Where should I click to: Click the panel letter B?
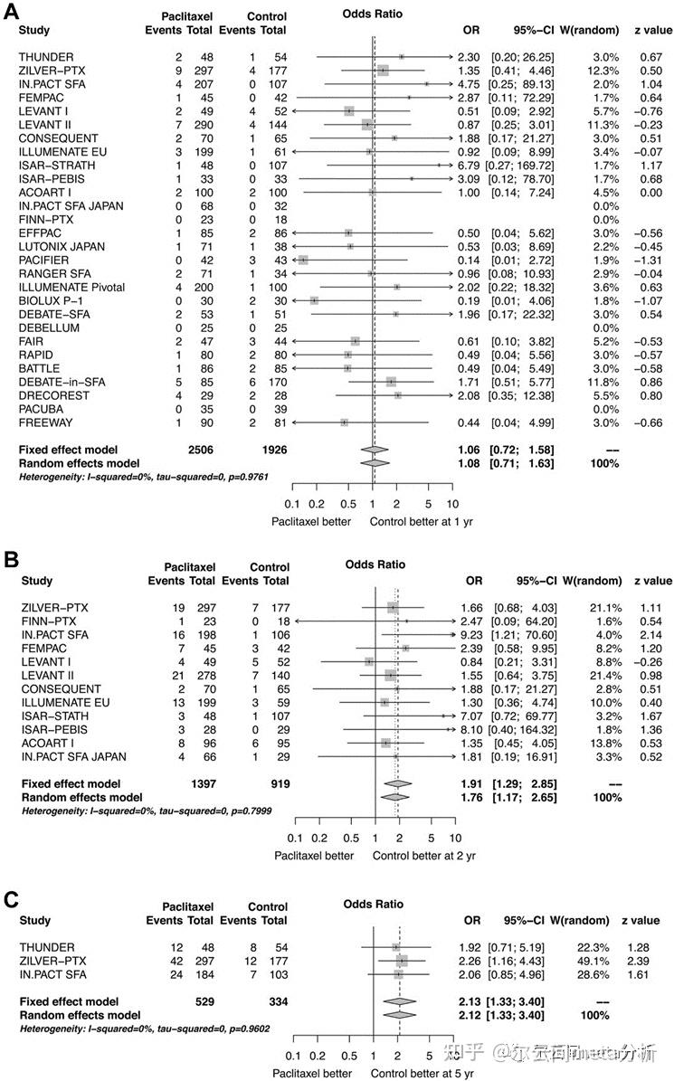pyautogui.click(x=11, y=559)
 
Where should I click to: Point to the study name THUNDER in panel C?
pyautogui.click(x=46, y=947)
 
